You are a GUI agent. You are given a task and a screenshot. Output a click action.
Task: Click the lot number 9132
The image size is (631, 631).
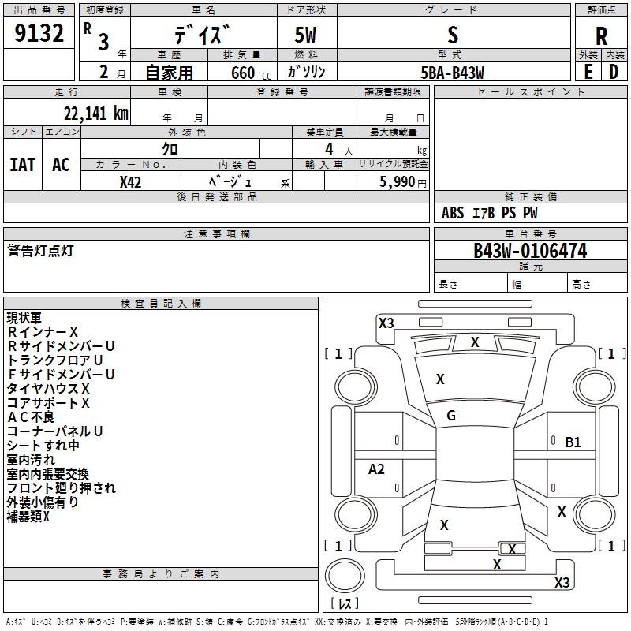pyautogui.click(x=39, y=33)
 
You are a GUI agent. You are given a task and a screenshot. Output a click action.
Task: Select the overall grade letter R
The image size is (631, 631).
pyautogui.click(x=601, y=36)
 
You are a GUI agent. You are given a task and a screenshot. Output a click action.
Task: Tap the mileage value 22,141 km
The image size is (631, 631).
pyautogui.click(x=96, y=114)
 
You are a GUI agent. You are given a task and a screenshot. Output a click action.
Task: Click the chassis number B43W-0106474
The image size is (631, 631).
pyautogui.click(x=530, y=251)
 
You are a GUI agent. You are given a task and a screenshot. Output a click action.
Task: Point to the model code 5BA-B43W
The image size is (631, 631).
pyautogui.click(x=452, y=73)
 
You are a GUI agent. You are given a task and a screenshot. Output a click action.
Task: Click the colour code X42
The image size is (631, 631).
pyautogui.click(x=130, y=182)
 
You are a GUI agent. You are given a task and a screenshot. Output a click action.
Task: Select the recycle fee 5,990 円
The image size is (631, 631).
pyautogui.click(x=403, y=182)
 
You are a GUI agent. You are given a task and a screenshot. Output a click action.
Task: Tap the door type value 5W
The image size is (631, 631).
pyautogui.click(x=305, y=35)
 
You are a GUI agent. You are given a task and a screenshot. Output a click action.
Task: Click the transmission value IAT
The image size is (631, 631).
pyautogui.click(x=23, y=165)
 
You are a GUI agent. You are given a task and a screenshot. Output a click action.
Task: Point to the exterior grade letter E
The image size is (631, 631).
pyautogui.click(x=588, y=72)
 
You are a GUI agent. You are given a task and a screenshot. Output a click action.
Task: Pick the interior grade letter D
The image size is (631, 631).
pyautogui.click(x=614, y=72)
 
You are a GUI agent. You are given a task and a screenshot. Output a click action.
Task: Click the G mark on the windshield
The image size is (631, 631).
pyautogui.click(x=451, y=416)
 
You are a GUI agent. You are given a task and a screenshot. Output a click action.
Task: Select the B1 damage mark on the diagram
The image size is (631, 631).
pyautogui.click(x=573, y=442)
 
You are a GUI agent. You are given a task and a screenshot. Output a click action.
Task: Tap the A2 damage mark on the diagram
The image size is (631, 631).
pyautogui.click(x=376, y=469)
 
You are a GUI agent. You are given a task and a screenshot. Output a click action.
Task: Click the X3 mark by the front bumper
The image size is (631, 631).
pyautogui.click(x=386, y=323)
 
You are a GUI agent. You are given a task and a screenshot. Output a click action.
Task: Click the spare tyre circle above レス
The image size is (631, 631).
pyautogui.click(x=345, y=576)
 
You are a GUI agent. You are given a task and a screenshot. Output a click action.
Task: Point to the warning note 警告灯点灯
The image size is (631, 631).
pyautogui.click(x=40, y=251)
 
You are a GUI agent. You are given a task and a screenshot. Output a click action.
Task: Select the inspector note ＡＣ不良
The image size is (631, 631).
pyautogui.click(x=31, y=417)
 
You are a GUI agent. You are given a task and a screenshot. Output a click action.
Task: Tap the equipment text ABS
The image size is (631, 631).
pyautogui.click(x=453, y=213)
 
